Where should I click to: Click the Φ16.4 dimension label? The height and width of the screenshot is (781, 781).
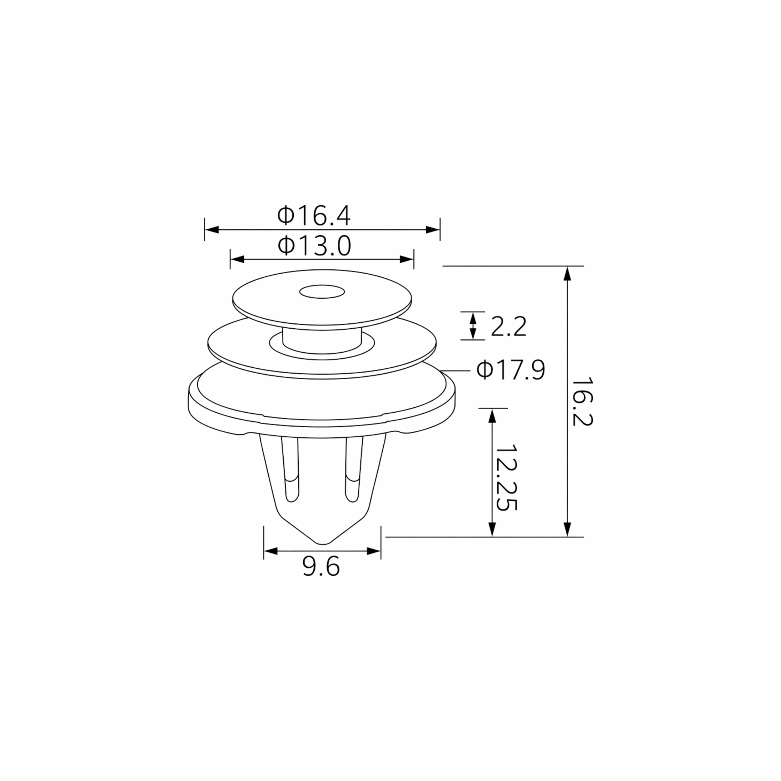(x=314, y=216)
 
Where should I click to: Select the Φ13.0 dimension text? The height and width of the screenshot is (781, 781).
(x=314, y=246)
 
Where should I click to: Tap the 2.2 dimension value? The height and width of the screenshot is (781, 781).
(x=509, y=327)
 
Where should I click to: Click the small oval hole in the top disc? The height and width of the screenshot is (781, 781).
(x=322, y=291)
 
